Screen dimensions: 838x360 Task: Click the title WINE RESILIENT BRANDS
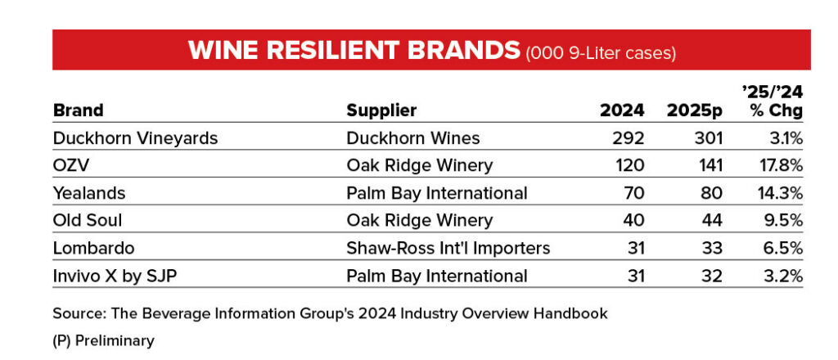[x=354, y=50]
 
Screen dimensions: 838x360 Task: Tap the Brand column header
[x=78, y=110]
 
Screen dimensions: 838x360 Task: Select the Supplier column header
[x=381, y=110]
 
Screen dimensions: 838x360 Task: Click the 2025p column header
[x=695, y=110]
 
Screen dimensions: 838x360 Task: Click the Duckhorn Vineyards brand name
[x=135, y=138]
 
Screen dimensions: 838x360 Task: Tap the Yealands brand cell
[x=88, y=193]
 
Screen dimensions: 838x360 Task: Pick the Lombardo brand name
[x=93, y=249]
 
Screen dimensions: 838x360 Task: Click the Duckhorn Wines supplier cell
[x=413, y=138]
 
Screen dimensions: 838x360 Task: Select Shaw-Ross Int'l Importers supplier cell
[x=448, y=249]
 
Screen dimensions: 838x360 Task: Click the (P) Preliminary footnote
[x=103, y=340]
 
